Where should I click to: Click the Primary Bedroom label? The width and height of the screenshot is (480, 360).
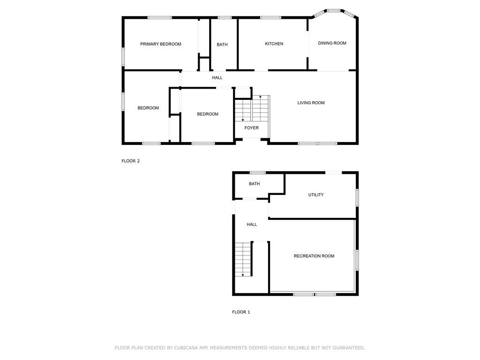pos(160,44)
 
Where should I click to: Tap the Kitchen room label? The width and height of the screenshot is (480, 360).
pos(274,44)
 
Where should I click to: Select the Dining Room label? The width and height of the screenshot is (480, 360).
pos(332,43)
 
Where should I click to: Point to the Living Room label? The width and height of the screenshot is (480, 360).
pos(311,103)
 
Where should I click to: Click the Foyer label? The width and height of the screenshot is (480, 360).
pos(251,127)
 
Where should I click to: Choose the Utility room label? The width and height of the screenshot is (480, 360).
pos(315,195)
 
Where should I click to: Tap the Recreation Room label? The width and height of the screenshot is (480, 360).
pos(314,256)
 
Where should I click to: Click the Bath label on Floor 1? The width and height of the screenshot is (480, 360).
pos(254,184)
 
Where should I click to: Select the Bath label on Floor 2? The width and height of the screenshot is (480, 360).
pos(222,45)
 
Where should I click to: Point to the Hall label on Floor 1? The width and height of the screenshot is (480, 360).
pos(252,225)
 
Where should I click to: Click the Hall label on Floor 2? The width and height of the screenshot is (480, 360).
pos(217,78)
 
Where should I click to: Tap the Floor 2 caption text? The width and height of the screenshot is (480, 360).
pos(131,161)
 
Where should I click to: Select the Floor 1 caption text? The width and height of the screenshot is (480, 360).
pos(241,312)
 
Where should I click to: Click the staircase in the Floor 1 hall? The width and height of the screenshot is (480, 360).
pos(243,259)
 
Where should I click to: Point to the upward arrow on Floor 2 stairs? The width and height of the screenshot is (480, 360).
pos(261,97)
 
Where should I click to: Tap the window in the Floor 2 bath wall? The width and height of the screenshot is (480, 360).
pos(225,18)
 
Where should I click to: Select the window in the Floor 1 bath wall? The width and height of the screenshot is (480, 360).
pos(257,172)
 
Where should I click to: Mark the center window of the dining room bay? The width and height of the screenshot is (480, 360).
pos(333,10)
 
